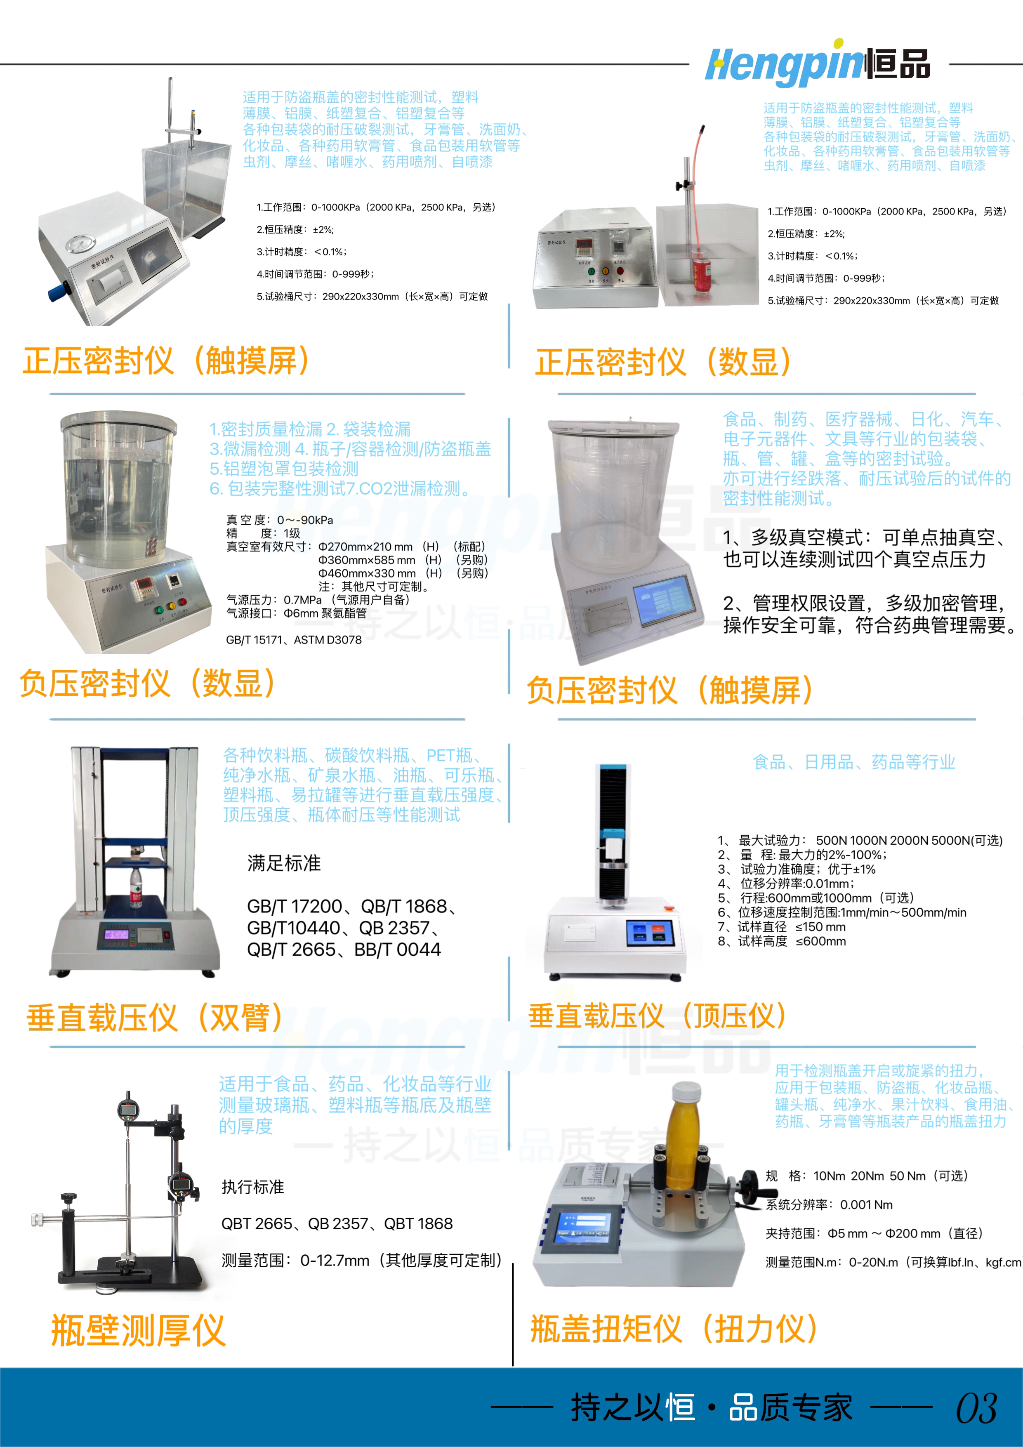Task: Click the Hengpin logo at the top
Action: pos(818,63)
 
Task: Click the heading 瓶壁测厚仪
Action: pos(138,1330)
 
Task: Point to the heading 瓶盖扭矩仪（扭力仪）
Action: pos(674,1329)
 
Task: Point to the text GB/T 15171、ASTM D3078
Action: pos(294,640)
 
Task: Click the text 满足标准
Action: pos(284,863)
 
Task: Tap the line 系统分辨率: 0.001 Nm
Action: pos(829,1204)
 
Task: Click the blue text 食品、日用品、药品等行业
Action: pos(854,762)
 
